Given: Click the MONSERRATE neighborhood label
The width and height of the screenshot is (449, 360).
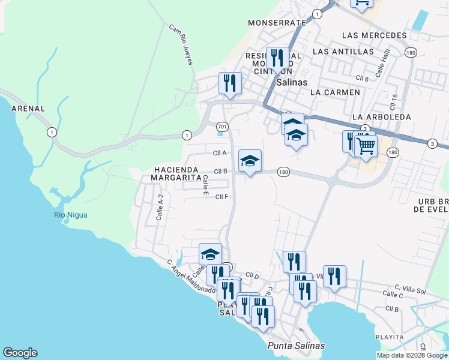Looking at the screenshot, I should (277, 22).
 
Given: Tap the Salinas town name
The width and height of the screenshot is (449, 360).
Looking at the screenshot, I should (292, 82).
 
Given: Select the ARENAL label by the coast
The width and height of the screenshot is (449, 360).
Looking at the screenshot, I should (28, 109).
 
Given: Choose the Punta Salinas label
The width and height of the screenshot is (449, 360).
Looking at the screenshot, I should (296, 346).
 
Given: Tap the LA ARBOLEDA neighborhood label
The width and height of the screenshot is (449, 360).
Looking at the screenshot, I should (381, 116).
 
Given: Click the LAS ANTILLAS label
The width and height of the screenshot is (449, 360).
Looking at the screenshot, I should (343, 52).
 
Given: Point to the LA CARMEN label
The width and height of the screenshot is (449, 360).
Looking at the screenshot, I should (335, 92).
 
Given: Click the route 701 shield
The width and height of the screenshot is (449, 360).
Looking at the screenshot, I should (222, 127).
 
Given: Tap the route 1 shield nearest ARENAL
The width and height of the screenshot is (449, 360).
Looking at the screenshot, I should (52, 132).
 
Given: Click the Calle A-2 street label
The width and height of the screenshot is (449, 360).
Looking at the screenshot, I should (160, 207).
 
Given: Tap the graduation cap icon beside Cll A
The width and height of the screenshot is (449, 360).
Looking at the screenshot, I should (250, 161).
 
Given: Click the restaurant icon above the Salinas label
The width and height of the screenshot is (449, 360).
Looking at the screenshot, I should (276, 59).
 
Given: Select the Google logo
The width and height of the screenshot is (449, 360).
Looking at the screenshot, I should (20, 353).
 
